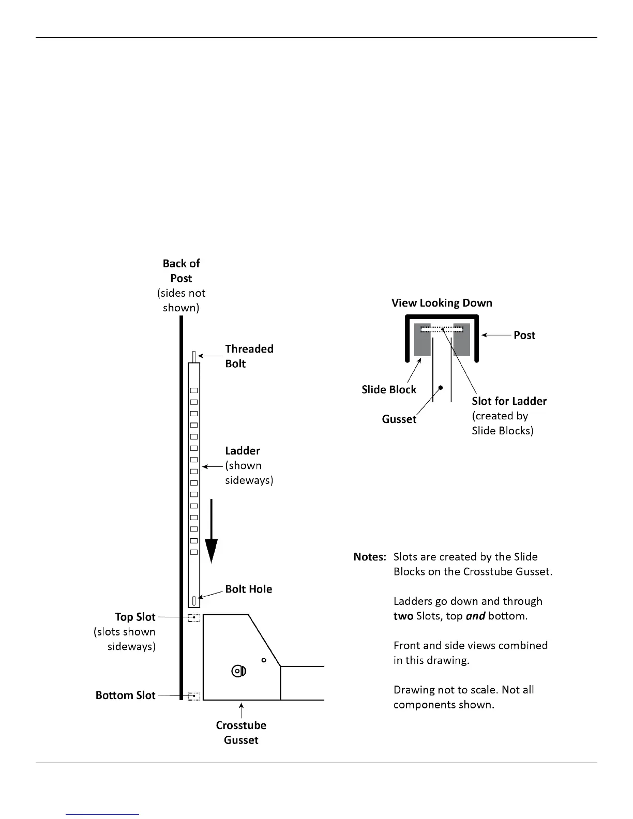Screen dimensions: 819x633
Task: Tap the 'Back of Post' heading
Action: [x=181, y=271]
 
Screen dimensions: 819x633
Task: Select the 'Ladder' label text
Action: [x=243, y=451]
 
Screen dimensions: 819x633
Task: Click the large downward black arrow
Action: [x=211, y=533]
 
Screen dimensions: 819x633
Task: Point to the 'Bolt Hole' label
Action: [x=248, y=589]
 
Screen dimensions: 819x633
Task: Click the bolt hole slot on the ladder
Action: [x=194, y=600]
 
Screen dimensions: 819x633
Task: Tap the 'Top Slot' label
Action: [x=135, y=617]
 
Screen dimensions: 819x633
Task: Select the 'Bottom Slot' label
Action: [x=125, y=695]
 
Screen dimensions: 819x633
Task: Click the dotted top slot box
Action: [x=194, y=617]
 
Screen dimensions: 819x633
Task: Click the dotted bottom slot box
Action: [x=194, y=696]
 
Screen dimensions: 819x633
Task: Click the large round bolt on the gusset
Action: [x=238, y=671]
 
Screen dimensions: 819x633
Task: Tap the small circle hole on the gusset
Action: [x=264, y=660]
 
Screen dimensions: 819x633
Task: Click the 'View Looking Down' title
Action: [x=442, y=303]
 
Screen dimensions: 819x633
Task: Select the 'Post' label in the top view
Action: [x=524, y=335]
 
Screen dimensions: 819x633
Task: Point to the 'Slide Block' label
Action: [x=389, y=390]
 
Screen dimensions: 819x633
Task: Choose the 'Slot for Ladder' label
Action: [x=509, y=401]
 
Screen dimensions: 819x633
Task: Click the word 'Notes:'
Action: [x=370, y=557]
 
